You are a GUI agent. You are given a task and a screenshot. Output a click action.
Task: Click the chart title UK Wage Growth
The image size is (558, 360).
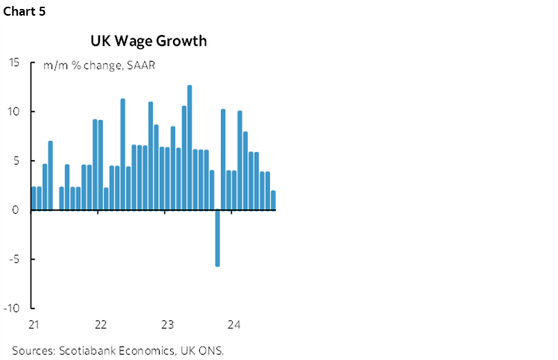tap(148, 40)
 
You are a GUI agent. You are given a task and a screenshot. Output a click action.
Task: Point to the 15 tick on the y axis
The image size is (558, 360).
tap(14, 63)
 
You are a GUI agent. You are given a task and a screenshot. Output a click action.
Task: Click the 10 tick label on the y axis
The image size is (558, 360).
tap(14, 112)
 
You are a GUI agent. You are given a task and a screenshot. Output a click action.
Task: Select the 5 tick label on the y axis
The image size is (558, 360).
tap(16, 161)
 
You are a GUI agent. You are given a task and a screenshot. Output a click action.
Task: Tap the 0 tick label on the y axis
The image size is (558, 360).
tap(16, 210)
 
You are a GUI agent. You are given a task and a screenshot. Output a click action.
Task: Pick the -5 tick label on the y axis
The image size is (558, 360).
tap(14, 259)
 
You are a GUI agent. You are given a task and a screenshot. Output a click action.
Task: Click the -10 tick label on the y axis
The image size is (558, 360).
tap(12, 309)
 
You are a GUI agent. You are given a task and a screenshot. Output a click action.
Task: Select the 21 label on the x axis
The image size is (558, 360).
tap(34, 324)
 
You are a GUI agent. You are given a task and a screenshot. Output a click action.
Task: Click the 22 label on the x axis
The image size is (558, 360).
tap(101, 324)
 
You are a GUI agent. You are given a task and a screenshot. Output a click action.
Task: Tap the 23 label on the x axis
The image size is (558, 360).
tap(167, 324)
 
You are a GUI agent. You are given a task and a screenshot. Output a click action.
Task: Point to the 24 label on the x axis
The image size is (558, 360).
tap(233, 324)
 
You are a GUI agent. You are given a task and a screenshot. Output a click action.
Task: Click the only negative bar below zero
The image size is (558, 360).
tap(217, 238)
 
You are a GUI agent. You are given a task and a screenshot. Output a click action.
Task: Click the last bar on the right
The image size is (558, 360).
tap(273, 200)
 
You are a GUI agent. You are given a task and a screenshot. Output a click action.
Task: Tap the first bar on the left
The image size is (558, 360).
tap(34, 198)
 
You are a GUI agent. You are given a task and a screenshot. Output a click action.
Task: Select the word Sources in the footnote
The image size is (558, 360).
tap(31, 350)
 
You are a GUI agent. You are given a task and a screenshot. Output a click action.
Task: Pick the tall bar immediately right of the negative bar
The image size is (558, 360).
tap(223, 160)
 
